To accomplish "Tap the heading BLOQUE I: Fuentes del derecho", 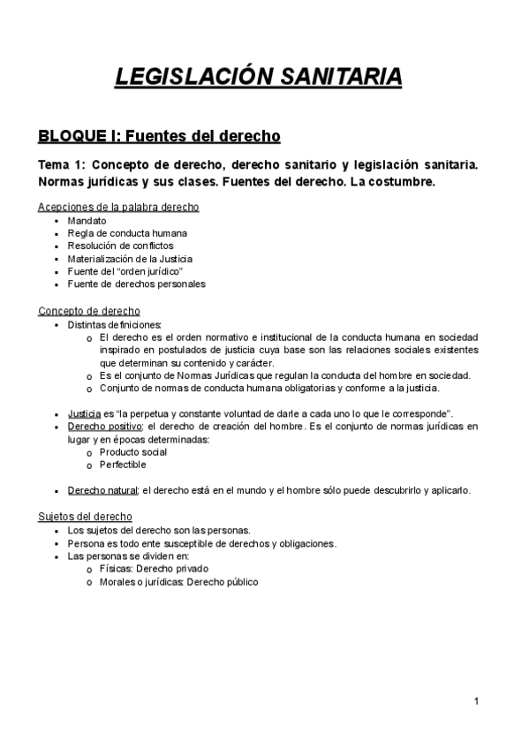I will [159, 136].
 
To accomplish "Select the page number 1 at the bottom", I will [476, 701].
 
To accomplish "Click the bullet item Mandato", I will [87, 221].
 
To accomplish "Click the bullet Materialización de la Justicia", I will [130, 259].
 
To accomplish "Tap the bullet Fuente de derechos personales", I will [136, 284].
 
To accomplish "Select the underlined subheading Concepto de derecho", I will [88, 311].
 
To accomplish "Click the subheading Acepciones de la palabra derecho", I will [118, 207].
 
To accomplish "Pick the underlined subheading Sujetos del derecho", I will [85, 516].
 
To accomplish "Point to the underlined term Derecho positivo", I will [104, 427].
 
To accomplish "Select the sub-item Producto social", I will [133, 452].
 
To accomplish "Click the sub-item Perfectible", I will [123, 465].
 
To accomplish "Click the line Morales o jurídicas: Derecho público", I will [178, 582].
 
